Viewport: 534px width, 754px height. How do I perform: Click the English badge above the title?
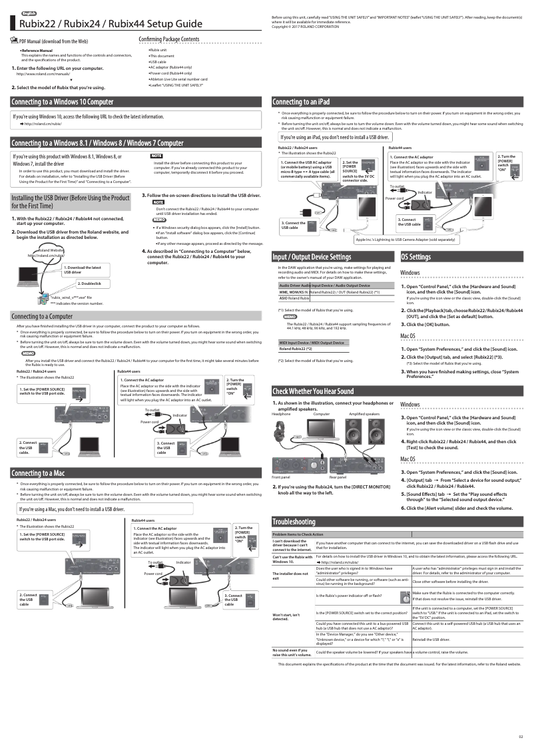[x=29, y=13]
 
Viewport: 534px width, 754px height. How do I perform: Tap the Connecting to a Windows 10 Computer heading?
[x=63, y=102]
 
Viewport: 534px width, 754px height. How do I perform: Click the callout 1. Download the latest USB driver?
[x=83, y=270]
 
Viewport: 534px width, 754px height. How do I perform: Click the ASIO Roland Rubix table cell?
[x=294, y=298]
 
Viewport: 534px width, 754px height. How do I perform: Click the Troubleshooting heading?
[x=294, y=521]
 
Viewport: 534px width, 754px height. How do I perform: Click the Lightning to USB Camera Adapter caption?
[x=405, y=239]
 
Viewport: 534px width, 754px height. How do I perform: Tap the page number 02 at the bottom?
[x=521, y=737]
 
